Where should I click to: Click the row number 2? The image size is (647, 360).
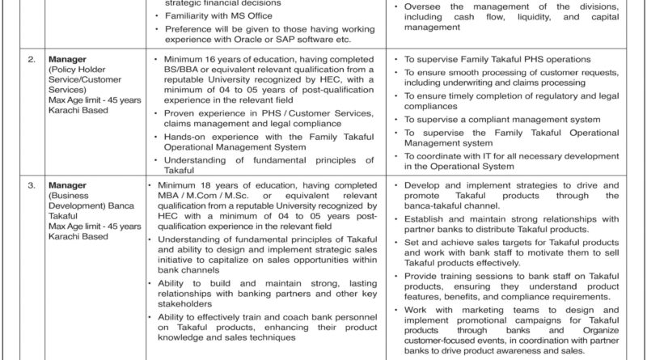(x=32, y=60)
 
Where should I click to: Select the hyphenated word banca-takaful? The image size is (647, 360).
(x=442, y=206)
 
